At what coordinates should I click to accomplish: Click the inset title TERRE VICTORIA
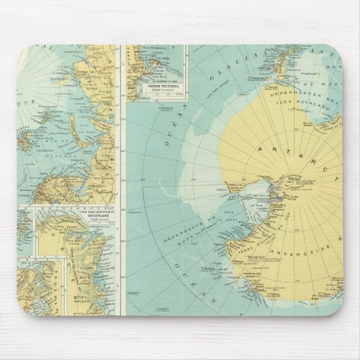point(158,87)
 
